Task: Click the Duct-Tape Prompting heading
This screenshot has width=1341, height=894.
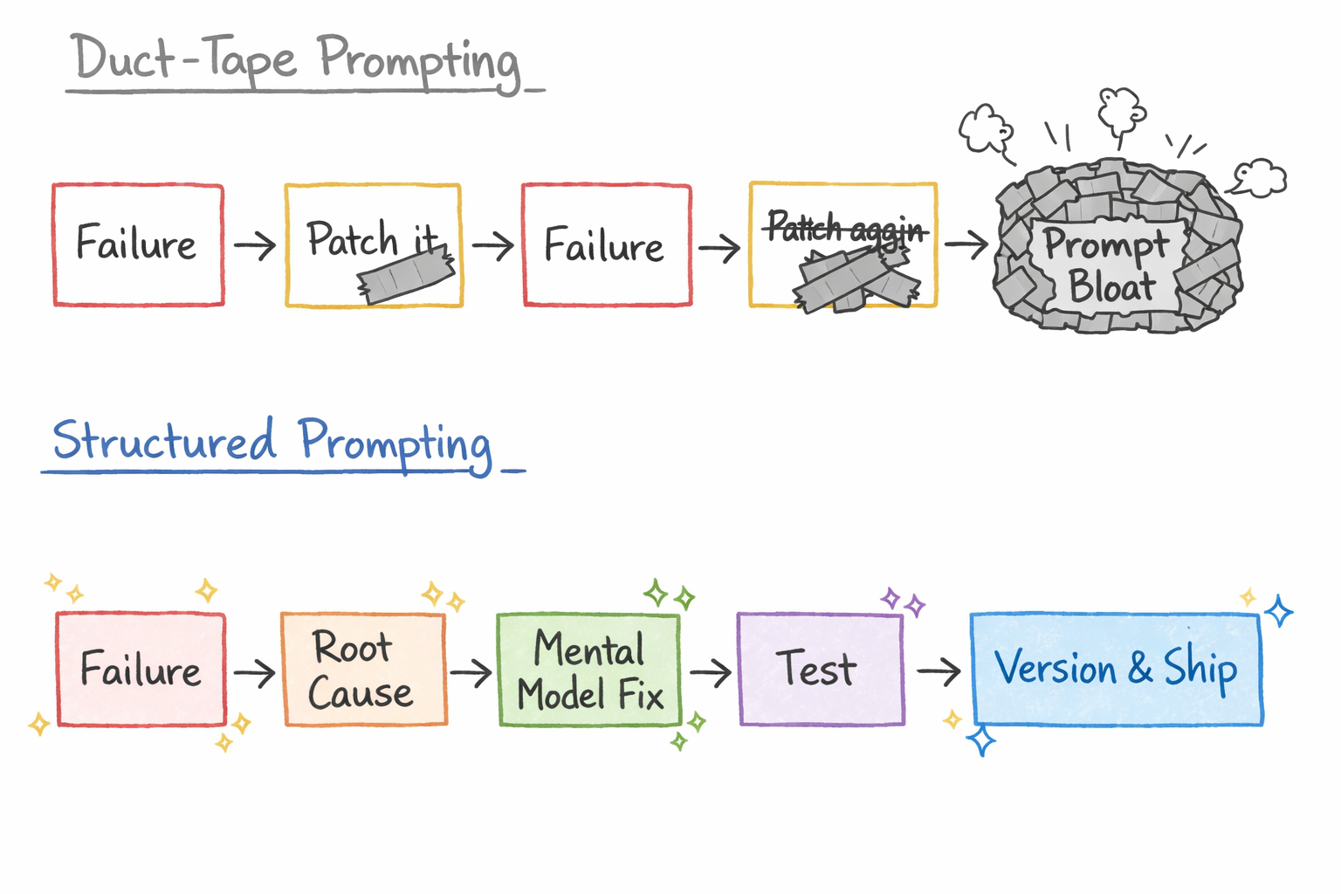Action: pos(297,61)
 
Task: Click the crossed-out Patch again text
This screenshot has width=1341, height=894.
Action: pos(845,229)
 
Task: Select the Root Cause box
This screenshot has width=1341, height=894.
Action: pos(363,670)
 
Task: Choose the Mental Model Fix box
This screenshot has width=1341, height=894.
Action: pos(589,670)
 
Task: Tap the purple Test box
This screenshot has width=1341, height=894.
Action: pos(820,670)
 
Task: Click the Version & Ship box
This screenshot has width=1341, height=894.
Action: pos(1116,670)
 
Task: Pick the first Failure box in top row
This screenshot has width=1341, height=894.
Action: pos(138,244)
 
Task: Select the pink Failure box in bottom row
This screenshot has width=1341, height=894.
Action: pos(141,670)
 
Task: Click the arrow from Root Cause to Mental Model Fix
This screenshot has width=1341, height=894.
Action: pos(471,672)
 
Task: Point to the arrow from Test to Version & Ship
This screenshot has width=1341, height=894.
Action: pos(939,671)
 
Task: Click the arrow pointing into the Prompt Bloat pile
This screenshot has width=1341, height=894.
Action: pos(966,244)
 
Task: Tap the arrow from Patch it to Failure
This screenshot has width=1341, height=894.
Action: pos(492,245)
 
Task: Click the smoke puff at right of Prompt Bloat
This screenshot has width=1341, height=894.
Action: pos(1260,177)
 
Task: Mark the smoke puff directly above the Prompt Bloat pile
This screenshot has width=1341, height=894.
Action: pos(1121,110)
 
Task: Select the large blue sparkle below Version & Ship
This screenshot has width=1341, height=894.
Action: pos(981,740)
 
